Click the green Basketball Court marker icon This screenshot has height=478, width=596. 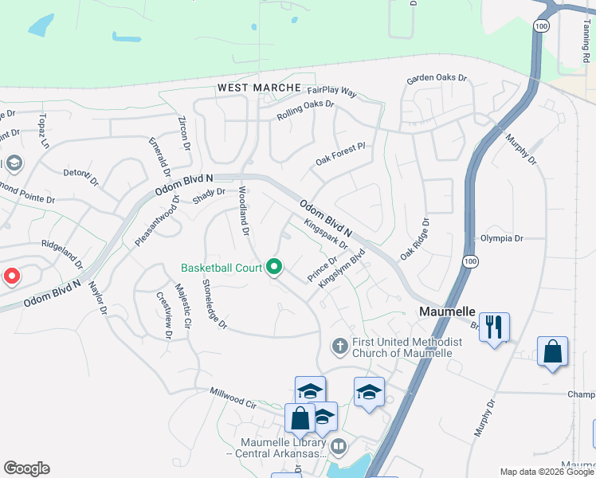pyautogui.click(x=274, y=267)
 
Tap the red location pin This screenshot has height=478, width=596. pyautogui.click(x=12, y=276)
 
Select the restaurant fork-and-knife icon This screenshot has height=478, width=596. pyautogui.click(x=495, y=327)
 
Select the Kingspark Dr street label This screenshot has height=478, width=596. pyautogui.click(x=327, y=234)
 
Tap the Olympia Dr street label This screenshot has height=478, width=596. pyautogui.click(x=501, y=238)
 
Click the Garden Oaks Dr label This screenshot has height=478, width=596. pyautogui.click(x=437, y=80)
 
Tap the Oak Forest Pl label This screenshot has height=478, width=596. pyautogui.click(x=339, y=151)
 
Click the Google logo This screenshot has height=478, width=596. pyautogui.click(x=26, y=468)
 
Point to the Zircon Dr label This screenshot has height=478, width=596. pyautogui.click(x=184, y=133)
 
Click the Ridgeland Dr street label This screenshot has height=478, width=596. pyautogui.click(x=62, y=253)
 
